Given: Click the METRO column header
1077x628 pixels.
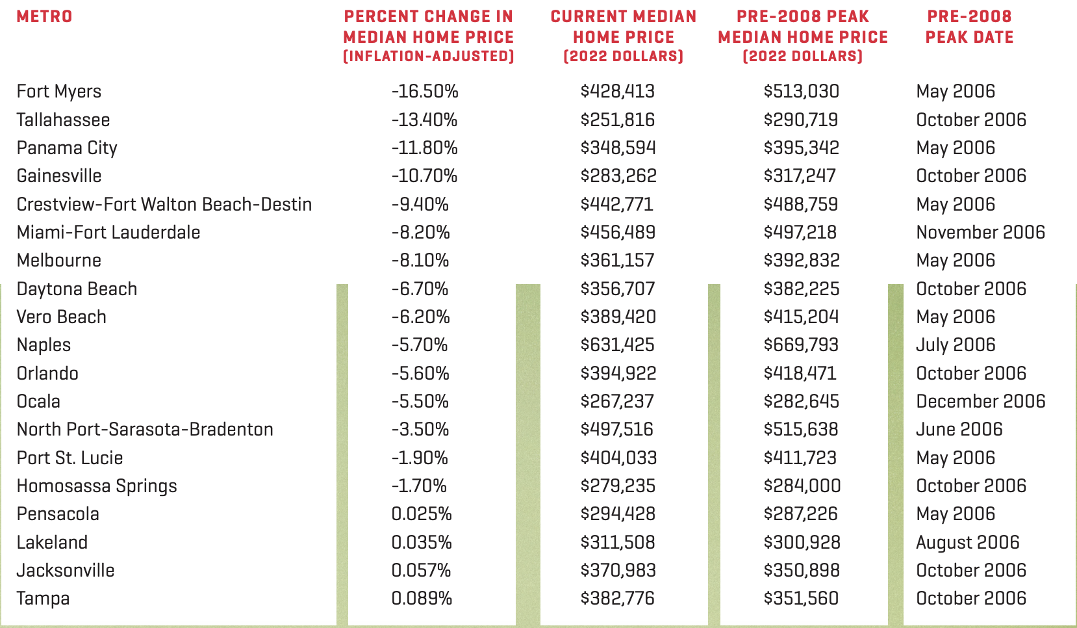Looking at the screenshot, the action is tap(44, 16).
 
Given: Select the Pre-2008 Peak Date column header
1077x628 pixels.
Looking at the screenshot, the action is tap(969, 27).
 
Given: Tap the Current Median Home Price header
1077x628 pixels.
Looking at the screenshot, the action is tap(624, 36).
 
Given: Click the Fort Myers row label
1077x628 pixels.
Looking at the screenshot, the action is tap(58, 92).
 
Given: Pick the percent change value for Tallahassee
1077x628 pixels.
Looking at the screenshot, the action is tap(424, 120).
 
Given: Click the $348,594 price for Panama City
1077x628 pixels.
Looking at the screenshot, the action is tap(618, 148).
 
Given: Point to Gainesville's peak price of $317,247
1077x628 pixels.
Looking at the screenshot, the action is tap(800, 176).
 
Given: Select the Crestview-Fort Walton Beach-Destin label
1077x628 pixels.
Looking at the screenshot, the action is tap(164, 205).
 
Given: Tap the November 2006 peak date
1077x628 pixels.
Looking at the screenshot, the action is tap(980, 233).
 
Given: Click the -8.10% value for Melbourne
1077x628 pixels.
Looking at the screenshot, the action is tap(420, 260).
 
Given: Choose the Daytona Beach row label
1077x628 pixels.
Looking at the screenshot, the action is tap(77, 289).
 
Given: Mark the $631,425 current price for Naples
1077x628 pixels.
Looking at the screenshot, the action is tap(617, 345).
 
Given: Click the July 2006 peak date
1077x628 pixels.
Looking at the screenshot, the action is tap(956, 345).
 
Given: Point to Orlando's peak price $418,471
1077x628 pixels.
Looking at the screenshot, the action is tap(800, 373).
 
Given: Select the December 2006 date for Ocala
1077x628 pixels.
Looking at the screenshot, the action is tap(980, 401).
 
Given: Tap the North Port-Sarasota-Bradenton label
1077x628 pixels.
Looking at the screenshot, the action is tap(145, 429).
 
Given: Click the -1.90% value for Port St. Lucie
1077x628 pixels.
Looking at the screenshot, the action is tap(419, 458).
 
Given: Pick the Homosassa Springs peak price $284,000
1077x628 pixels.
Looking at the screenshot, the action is tap(802, 486).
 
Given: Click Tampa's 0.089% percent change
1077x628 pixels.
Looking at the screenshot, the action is tap(422, 599).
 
